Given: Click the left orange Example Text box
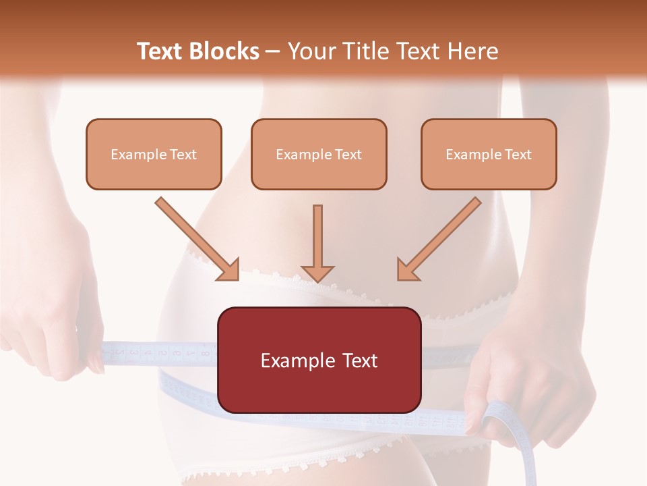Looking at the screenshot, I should [x=154, y=155].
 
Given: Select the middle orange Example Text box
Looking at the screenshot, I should [x=319, y=155].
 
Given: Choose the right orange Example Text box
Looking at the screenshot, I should [x=489, y=155].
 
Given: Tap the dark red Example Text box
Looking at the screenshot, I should [x=319, y=360].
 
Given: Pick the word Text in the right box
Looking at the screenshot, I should [x=518, y=155].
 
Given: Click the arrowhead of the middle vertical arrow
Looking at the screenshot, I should [x=317, y=273].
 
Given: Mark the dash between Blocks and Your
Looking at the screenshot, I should [x=274, y=52].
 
